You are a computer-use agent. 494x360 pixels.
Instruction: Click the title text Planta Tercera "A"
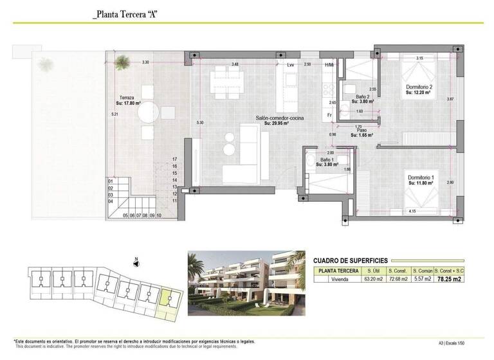125,13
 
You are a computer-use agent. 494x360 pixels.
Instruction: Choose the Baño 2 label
363,97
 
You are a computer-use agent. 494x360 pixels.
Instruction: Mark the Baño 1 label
327,159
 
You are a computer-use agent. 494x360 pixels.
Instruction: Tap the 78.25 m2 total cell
449,280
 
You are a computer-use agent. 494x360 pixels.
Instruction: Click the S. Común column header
422,271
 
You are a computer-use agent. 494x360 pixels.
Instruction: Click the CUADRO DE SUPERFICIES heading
350,260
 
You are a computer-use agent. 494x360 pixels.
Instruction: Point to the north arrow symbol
136,262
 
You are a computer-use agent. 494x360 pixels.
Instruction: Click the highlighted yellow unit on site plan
167,301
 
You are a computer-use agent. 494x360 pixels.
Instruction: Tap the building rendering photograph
246,283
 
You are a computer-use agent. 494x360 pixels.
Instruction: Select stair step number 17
174,159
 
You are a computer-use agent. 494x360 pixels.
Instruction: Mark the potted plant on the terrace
122,62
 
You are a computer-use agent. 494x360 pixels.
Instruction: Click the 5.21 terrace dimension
114,114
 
